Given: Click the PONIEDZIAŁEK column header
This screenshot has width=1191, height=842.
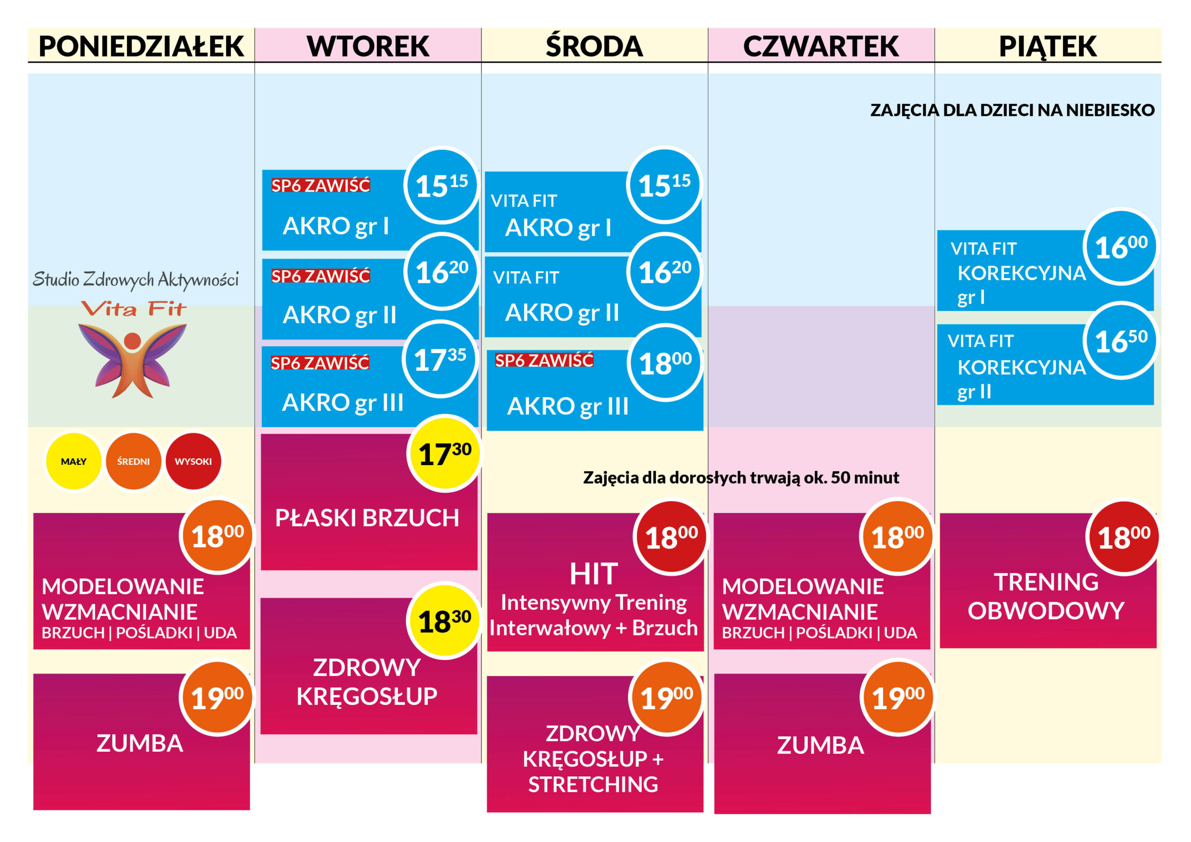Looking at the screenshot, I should [141, 46].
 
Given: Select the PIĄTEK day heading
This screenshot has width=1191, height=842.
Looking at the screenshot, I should [1047, 46].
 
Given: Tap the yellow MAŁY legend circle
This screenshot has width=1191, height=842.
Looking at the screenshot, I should [74, 461].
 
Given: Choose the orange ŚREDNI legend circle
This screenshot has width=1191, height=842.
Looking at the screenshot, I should [134, 461].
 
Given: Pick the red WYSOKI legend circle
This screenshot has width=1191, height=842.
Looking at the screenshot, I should [193, 461].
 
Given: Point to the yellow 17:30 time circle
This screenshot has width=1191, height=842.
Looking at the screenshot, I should [445, 454].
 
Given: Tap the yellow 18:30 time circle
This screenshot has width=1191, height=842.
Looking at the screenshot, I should [445, 621].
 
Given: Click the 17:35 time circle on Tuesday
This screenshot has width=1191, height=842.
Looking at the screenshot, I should [440, 359].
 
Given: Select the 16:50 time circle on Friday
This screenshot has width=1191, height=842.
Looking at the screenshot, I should [1121, 341].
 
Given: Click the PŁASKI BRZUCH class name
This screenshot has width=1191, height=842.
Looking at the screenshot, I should [367, 518].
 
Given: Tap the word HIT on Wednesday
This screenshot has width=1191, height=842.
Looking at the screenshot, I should [594, 574].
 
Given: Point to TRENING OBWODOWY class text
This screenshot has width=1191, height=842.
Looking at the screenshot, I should [1046, 596].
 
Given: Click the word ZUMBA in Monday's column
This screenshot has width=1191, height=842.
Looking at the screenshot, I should [140, 743].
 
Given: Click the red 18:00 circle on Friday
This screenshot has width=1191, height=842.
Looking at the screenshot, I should [1124, 537].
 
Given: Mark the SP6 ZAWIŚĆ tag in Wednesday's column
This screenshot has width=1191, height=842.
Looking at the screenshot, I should [544, 360].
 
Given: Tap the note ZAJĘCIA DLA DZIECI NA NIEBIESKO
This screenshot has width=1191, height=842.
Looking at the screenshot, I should [1012, 110].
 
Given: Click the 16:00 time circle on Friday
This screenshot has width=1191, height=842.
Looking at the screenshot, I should [1121, 247].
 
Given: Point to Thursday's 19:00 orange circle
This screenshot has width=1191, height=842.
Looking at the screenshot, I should [898, 697].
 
